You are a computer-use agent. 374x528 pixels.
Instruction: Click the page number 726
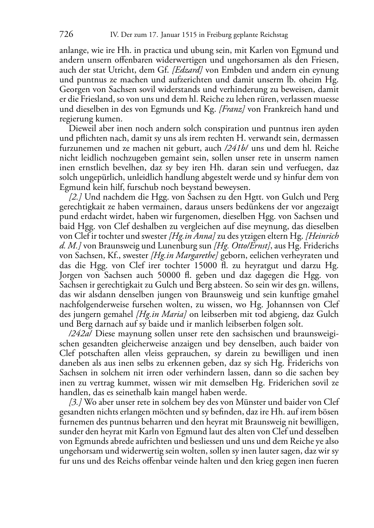(x=66, y=35)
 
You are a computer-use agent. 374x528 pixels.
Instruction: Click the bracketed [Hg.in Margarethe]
(x=184, y=256)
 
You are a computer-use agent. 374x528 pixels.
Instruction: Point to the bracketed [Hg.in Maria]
(x=161, y=314)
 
